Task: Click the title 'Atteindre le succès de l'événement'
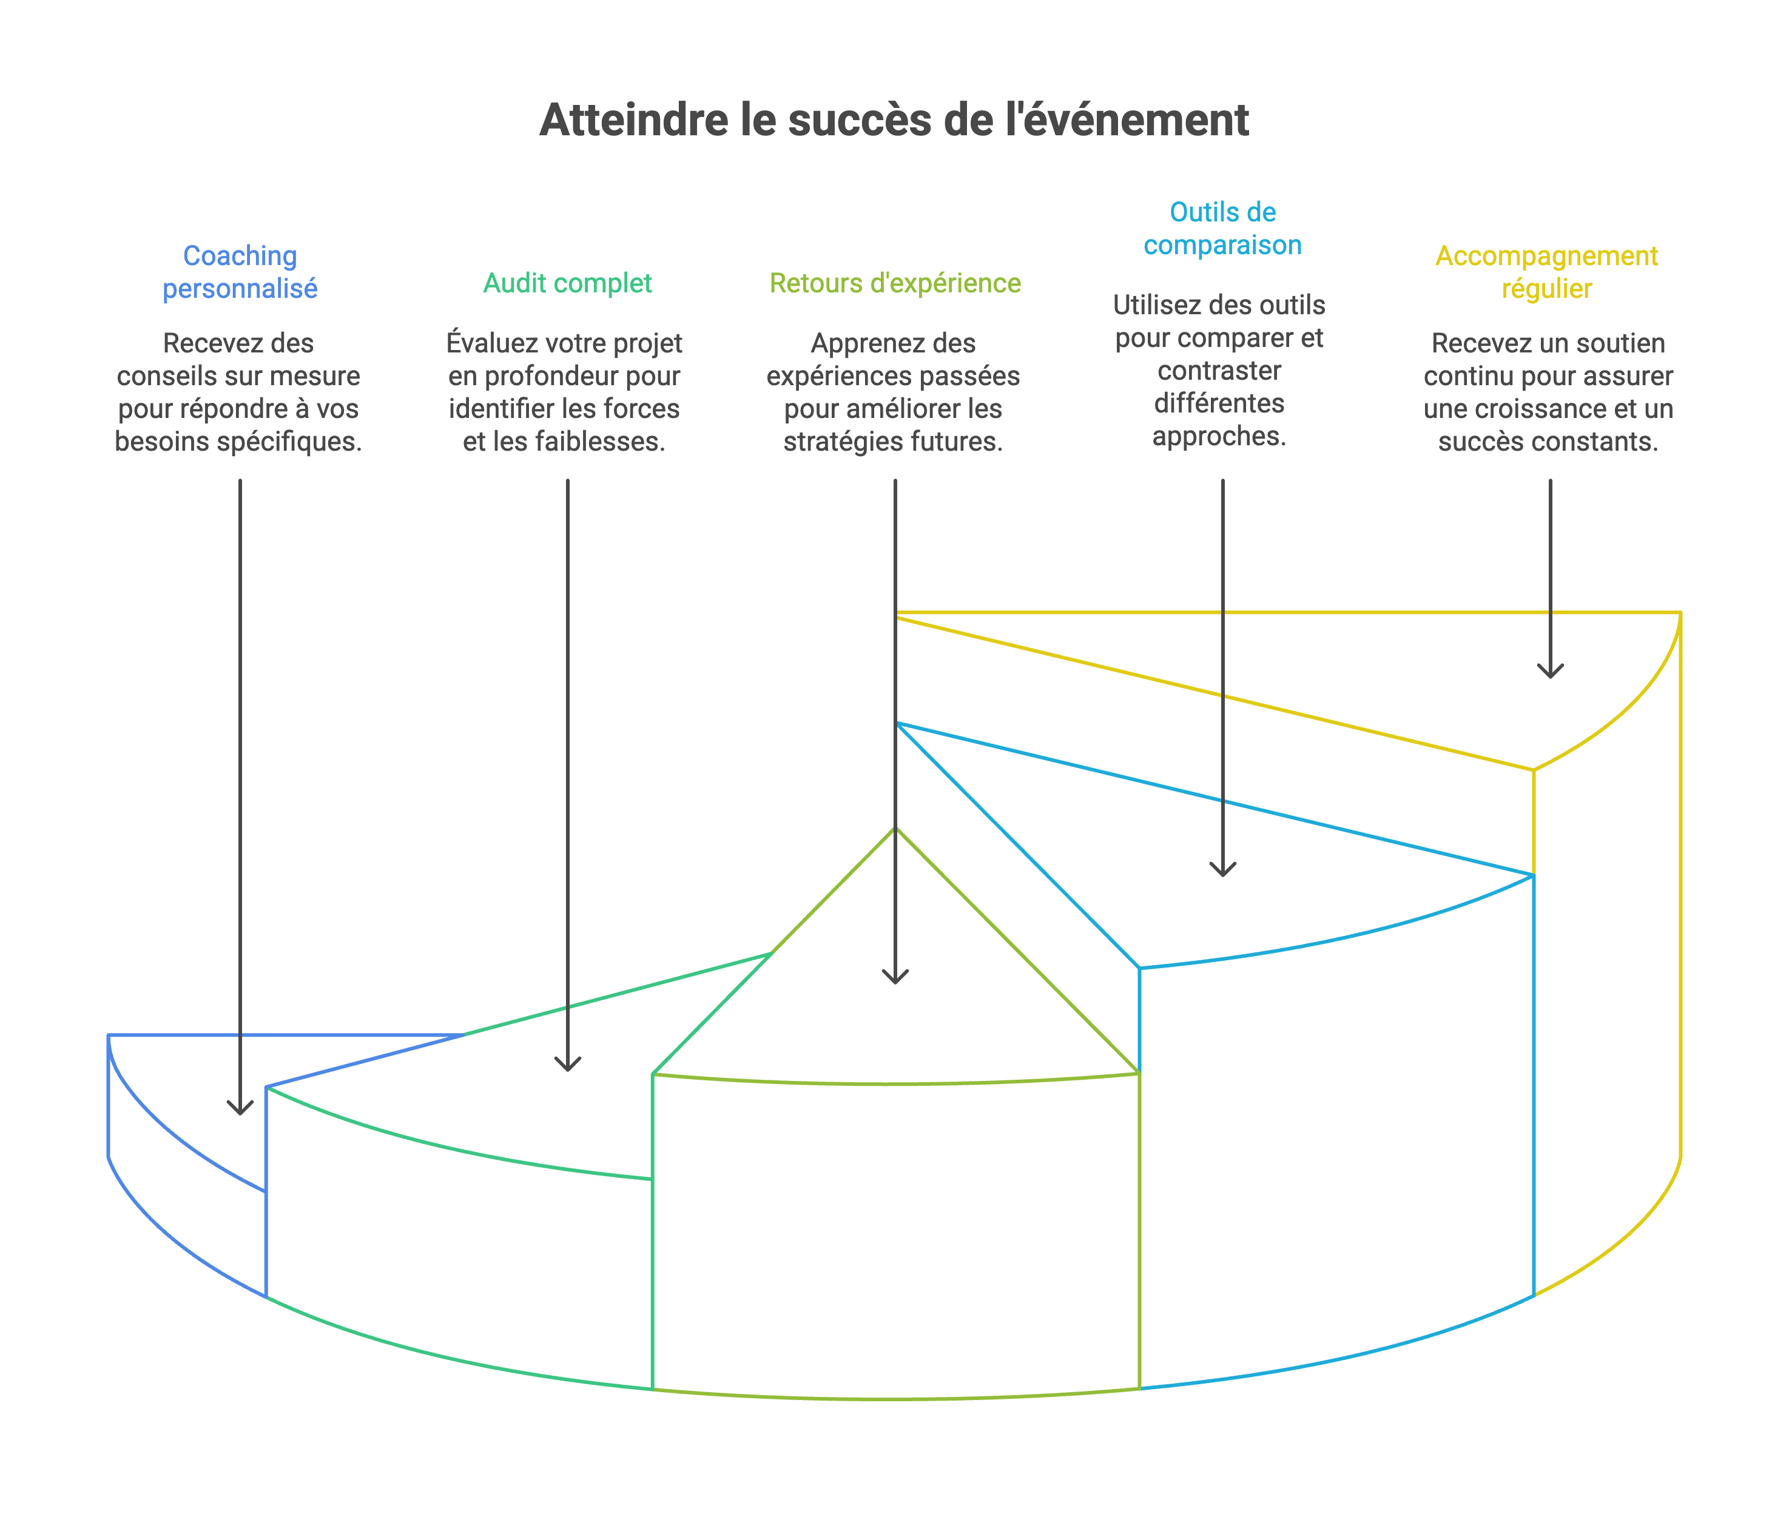pos(894,120)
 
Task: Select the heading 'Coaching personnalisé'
pos(240,271)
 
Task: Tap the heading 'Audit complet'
pos(567,283)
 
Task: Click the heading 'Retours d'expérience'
pos(894,283)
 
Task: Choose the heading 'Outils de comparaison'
pos(1222,229)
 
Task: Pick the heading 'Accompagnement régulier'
pos(1546,271)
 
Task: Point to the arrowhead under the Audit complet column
pos(567,1065)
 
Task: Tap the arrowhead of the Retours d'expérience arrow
pos(895,977)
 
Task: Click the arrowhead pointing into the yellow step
pos(1551,672)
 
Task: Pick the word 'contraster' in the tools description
pos(1219,371)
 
